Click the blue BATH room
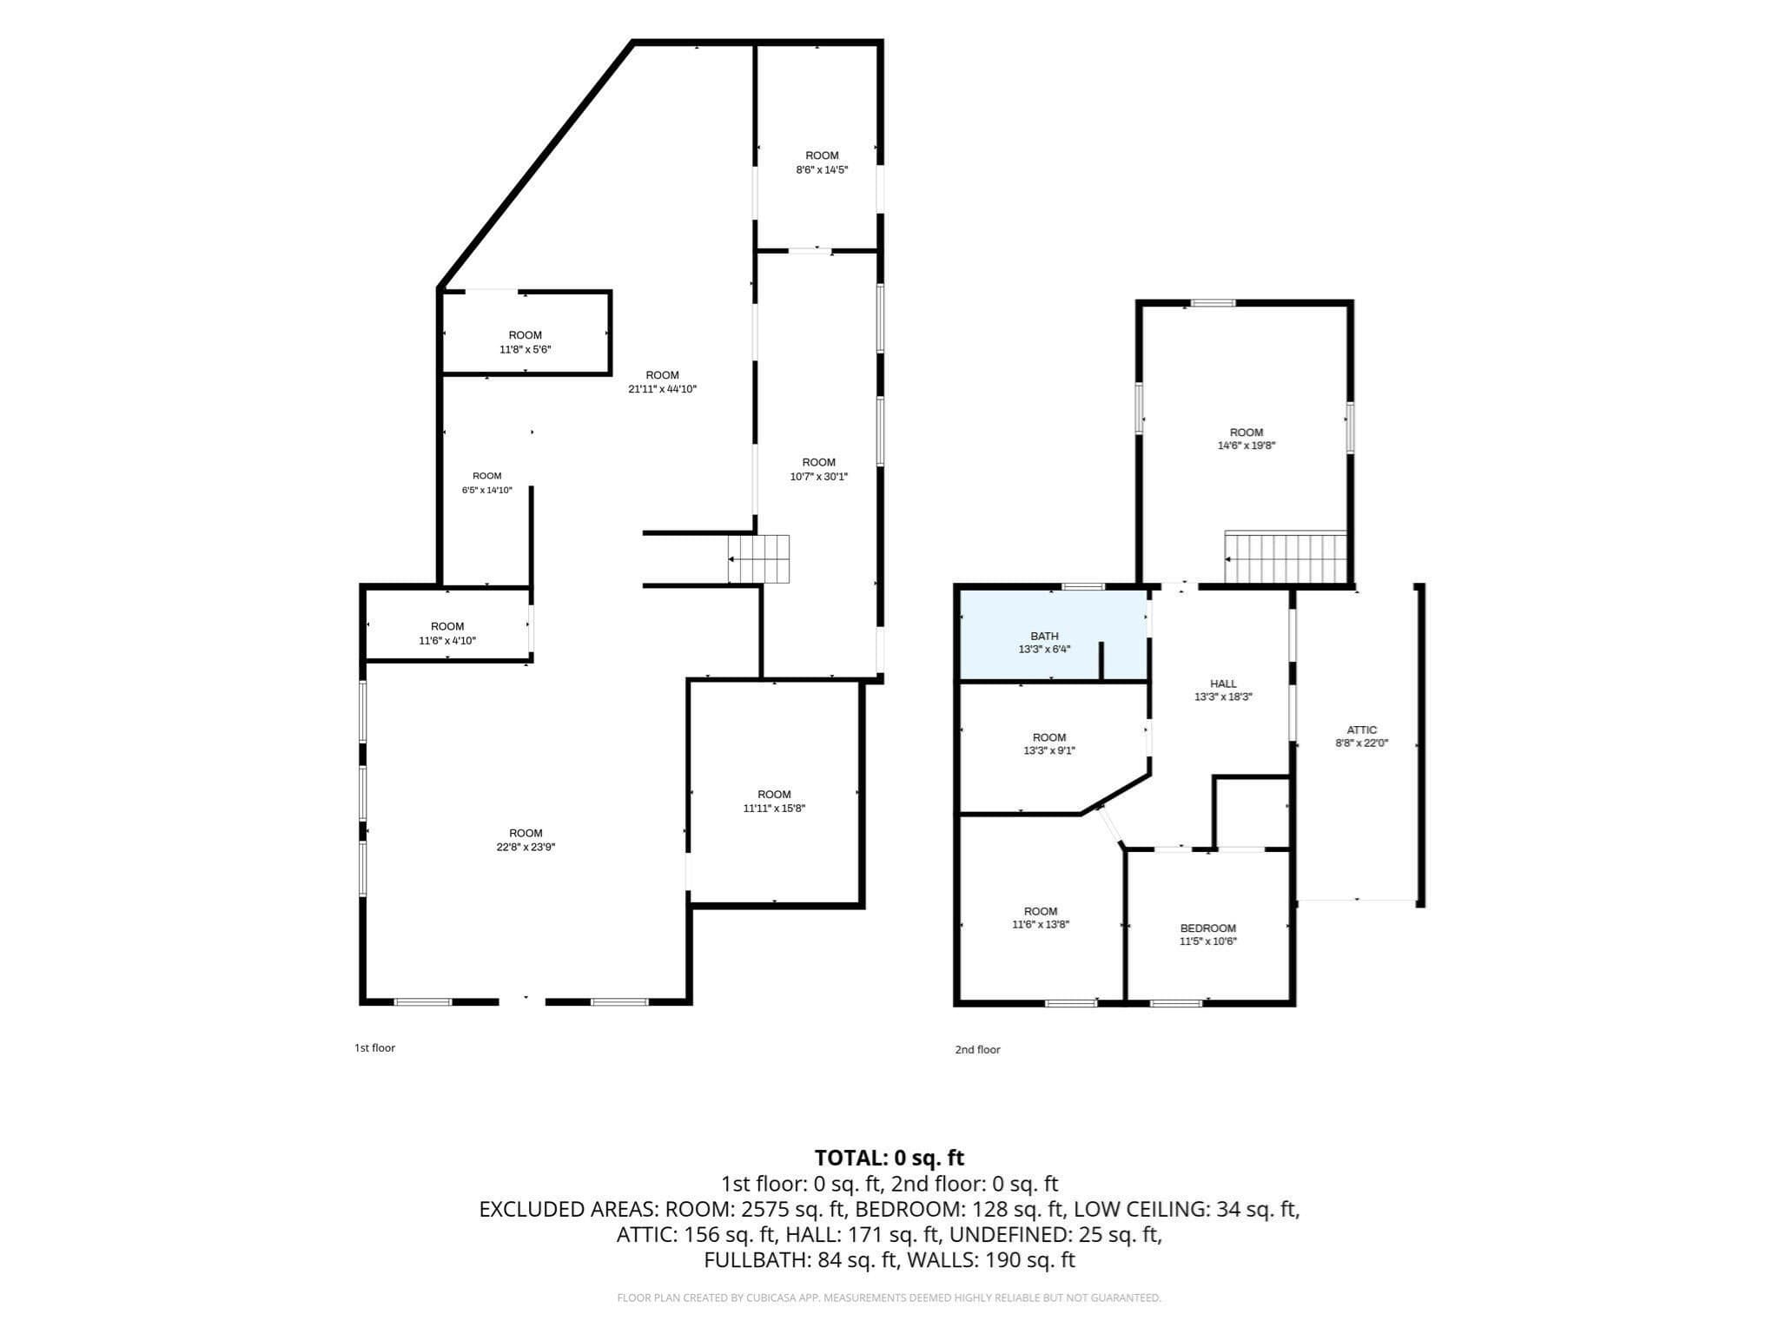click(x=1053, y=636)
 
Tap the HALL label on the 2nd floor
click(x=1223, y=684)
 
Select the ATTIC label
click(x=1362, y=730)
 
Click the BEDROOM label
click(x=1207, y=928)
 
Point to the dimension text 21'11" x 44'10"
click(x=662, y=389)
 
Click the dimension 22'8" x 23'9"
click(x=526, y=847)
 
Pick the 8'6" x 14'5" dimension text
click(x=822, y=169)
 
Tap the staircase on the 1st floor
click(x=758, y=558)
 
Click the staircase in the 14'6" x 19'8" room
click(x=1286, y=557)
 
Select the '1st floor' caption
click(x=374, y=1047)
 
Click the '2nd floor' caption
click(x=977, y=1049)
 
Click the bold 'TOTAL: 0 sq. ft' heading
click(x=889, y=1158)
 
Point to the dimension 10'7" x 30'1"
click(x=818, y=476)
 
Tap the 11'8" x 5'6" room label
click(x=525, y=342)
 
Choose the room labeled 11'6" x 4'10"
click(x=447, y=633)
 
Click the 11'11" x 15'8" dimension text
click(x=774, y=808)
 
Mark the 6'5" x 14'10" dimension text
click(x=486, y=490)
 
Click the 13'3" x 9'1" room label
click(x=1049, y=743)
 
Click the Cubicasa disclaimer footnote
click(x=889, y=1298)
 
